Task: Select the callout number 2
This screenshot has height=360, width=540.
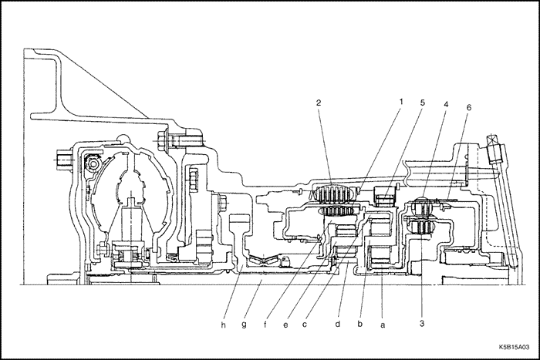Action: pos(317,103)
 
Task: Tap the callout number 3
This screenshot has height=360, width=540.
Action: pos(422,323)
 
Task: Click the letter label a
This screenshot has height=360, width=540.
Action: pos(383,325)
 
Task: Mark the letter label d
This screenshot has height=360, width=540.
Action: pos(337,325)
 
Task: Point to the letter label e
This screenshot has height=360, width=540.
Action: pos(285,325)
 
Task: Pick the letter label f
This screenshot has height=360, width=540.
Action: pos(265,325)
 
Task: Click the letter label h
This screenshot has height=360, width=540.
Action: pos(224,325)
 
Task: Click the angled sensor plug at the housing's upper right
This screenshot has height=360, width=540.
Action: pos(491,146)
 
